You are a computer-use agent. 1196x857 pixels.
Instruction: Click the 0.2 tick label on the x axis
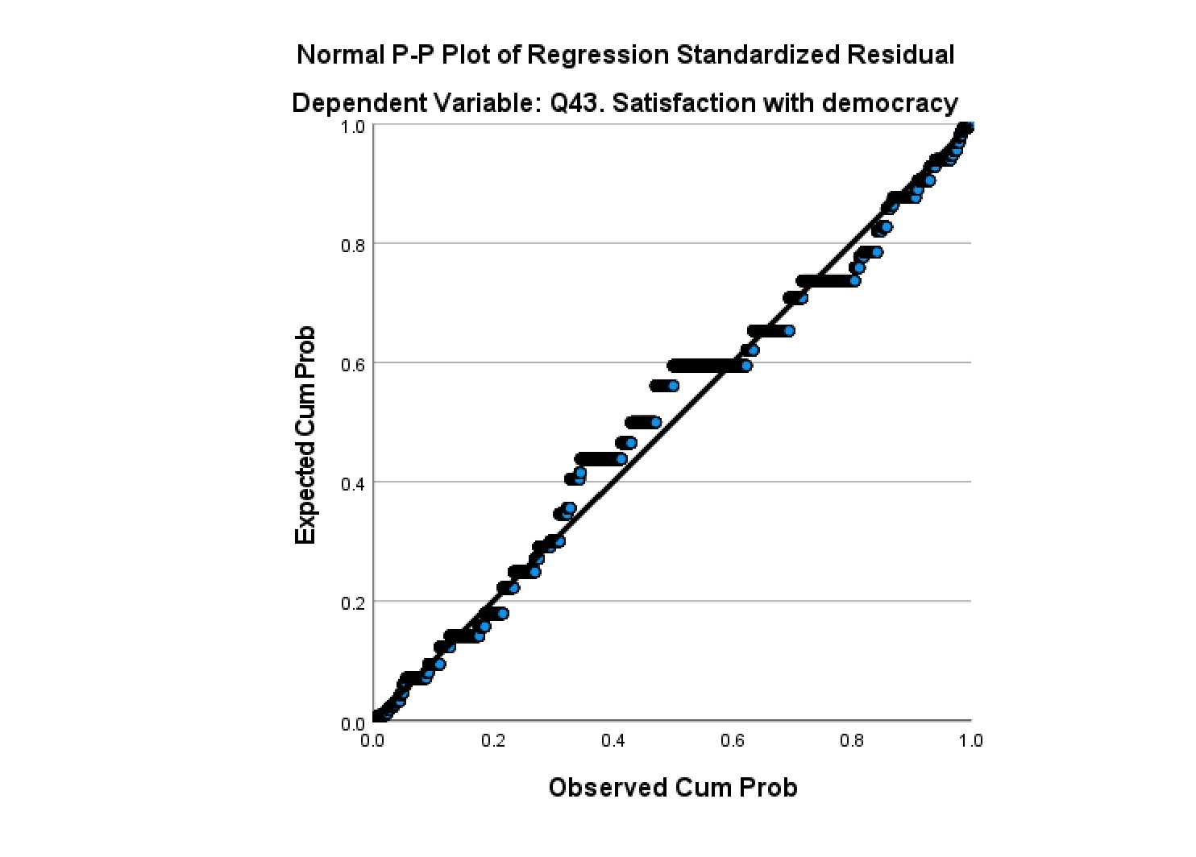(493, 740)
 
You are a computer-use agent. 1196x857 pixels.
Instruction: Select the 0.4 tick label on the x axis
(613, 740)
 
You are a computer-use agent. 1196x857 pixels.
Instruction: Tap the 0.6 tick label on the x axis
(733, 740)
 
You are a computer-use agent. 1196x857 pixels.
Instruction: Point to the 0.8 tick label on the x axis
(852, 740)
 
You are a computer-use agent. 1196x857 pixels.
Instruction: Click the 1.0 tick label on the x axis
(970, 740)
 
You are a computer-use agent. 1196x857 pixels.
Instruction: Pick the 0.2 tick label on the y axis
(352, 604)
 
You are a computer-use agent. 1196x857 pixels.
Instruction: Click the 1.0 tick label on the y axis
(352, 127)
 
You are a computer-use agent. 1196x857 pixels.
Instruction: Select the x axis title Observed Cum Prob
(672, 787)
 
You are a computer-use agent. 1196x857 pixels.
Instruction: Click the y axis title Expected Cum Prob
(305, 436)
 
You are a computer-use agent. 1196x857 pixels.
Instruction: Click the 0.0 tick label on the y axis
(352, 723)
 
